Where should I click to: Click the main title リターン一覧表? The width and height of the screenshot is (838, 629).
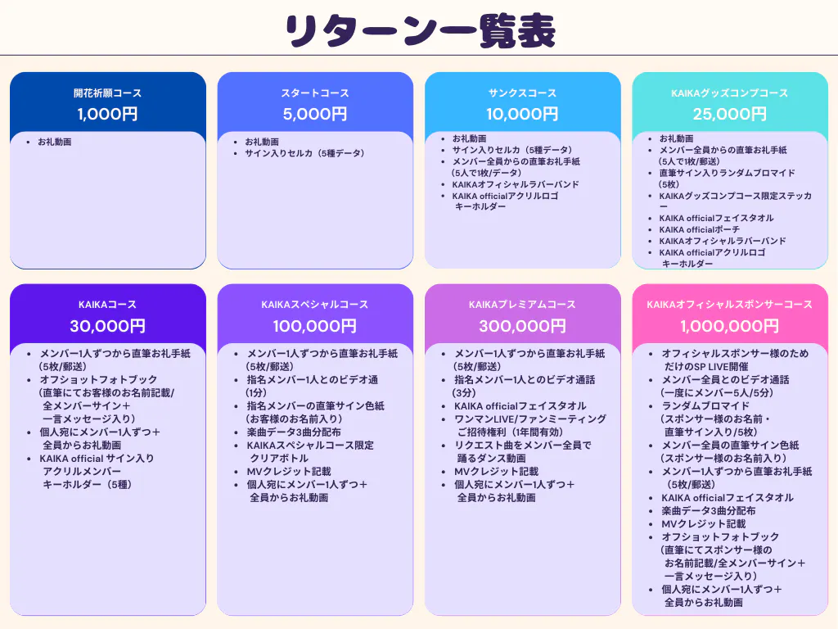[x=419, y=31]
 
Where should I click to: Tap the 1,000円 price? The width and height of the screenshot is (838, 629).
[x=107, y=114]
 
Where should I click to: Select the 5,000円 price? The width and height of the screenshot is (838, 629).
[x=315, y=114]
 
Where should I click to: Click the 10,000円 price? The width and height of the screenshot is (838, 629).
[x=522, y=114]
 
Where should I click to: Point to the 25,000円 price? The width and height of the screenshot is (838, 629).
[x=730, y=114]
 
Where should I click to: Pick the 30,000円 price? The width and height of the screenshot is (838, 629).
[x=107, y=326]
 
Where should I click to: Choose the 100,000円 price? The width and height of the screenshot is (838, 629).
[x=315, y=326]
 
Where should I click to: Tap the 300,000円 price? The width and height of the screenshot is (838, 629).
[x=522, y=326]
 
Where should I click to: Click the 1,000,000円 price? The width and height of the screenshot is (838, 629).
[x=730, y=326]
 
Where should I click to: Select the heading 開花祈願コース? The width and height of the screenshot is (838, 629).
[x=107, y=93]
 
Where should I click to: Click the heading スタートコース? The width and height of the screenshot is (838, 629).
[x=315, y=93]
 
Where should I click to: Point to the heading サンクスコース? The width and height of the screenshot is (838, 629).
[x=522, y=93]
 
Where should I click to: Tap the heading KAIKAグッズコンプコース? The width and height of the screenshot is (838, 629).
[x=730, y=93]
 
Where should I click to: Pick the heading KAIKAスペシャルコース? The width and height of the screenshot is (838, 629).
[x=315, y=305]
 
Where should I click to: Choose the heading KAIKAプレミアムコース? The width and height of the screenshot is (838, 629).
[x=522, y=305]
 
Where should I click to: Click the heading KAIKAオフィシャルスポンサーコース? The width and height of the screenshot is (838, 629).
[x=730, y=305]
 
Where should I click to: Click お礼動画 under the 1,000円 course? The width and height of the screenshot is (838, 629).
[x=55, y=143]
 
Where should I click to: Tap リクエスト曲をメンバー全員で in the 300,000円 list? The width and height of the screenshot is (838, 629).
[x=522, y=446]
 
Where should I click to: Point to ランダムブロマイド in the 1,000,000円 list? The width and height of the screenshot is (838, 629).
[x=705, y=406]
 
